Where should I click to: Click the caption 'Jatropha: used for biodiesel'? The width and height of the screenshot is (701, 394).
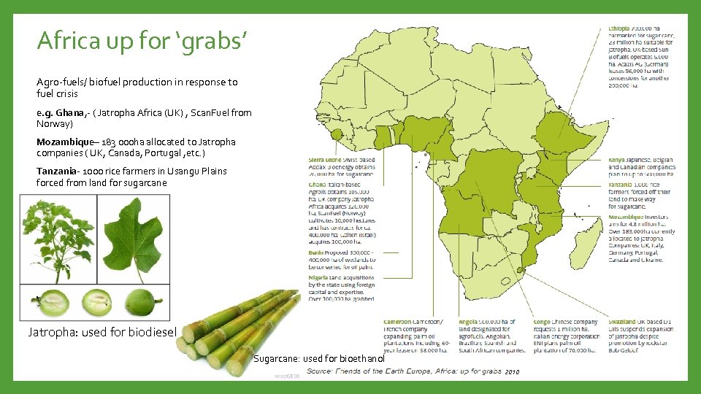102,332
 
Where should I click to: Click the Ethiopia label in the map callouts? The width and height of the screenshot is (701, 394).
621,28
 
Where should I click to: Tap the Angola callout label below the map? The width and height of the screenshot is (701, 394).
468,322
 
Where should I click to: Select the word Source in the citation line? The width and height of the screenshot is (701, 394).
321,372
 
